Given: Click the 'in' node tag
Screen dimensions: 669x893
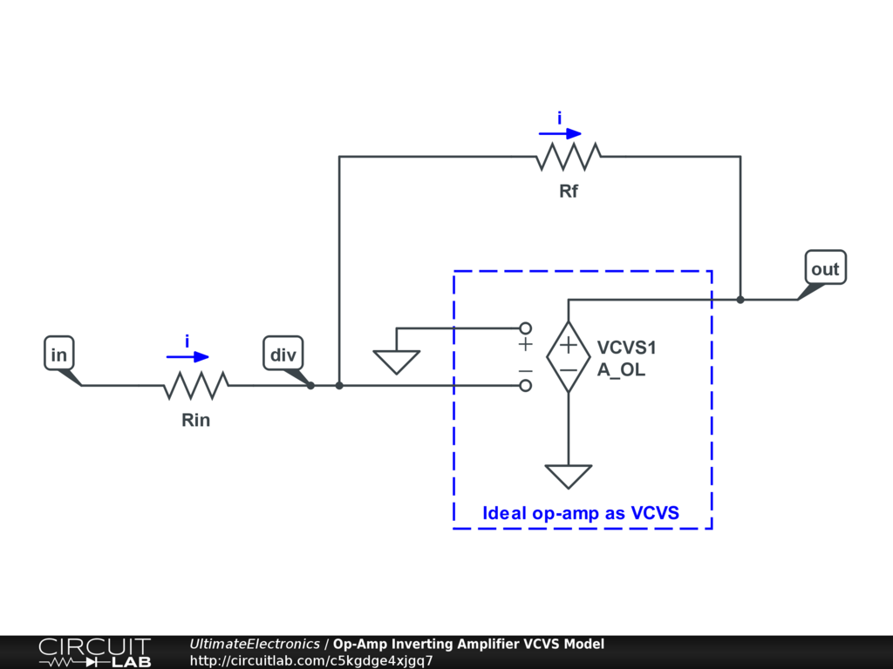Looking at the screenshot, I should point(58,355).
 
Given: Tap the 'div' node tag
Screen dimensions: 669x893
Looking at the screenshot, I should point(282,355).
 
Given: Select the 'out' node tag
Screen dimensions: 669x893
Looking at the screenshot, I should point(824,269).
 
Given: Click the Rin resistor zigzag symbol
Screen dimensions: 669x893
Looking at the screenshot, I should point(196,385).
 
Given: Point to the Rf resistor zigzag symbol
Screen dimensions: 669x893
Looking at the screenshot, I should point(569,157).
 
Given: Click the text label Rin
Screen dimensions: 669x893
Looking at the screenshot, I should point(196,421).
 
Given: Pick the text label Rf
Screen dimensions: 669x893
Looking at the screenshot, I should point(569,192).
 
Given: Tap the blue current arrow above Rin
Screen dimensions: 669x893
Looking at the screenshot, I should point(188,356).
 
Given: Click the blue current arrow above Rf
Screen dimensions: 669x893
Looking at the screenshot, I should point(560,133).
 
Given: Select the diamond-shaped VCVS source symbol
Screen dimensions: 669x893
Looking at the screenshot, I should point(569,356).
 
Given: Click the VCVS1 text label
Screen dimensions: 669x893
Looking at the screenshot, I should point(626,348).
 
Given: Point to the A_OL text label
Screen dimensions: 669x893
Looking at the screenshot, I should point(622,369).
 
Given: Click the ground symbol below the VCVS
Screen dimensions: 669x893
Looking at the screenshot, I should point(569,476).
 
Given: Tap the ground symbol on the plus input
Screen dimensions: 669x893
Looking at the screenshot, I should point(397,361).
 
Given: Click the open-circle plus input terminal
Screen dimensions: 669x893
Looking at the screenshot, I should point(526,328).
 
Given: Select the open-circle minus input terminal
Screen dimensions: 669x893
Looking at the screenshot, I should point(526,385).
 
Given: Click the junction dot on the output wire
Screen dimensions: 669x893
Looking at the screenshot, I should point(740,300).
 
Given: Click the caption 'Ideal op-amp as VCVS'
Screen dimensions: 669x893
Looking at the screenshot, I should point(581,513).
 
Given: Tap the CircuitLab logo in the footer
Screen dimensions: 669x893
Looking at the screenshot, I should point(94,652).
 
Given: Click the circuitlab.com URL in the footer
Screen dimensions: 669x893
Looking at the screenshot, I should point(311,660).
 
